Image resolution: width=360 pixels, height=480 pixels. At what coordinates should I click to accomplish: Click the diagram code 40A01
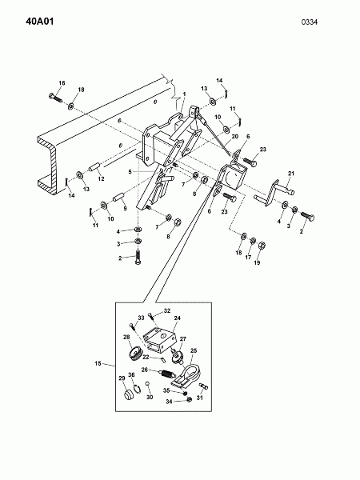40,22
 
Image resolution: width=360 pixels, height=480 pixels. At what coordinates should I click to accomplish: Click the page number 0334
310,22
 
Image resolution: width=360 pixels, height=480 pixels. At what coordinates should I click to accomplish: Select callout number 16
62,83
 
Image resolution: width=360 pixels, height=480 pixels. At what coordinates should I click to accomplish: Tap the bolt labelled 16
55,98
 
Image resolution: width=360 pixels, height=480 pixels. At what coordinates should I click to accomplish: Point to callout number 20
234,137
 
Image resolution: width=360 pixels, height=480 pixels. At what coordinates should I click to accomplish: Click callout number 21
291,174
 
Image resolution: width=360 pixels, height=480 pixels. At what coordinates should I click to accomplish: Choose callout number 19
257,262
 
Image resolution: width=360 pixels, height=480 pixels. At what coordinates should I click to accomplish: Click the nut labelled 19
262,246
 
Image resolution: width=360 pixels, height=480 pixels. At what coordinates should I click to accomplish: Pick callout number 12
101,178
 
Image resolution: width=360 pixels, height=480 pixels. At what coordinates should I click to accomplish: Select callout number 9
125,209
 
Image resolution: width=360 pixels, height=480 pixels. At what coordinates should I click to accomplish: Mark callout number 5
130,172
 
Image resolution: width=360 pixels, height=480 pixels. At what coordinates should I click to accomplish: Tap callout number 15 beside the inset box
98,363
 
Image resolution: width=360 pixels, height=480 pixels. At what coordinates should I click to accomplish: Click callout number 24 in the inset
178,318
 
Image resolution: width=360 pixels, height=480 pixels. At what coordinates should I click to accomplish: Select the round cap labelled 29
129,394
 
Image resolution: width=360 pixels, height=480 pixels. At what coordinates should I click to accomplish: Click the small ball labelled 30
148,383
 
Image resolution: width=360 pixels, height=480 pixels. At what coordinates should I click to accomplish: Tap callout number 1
184,94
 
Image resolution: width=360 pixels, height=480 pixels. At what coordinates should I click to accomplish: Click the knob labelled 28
134,354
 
